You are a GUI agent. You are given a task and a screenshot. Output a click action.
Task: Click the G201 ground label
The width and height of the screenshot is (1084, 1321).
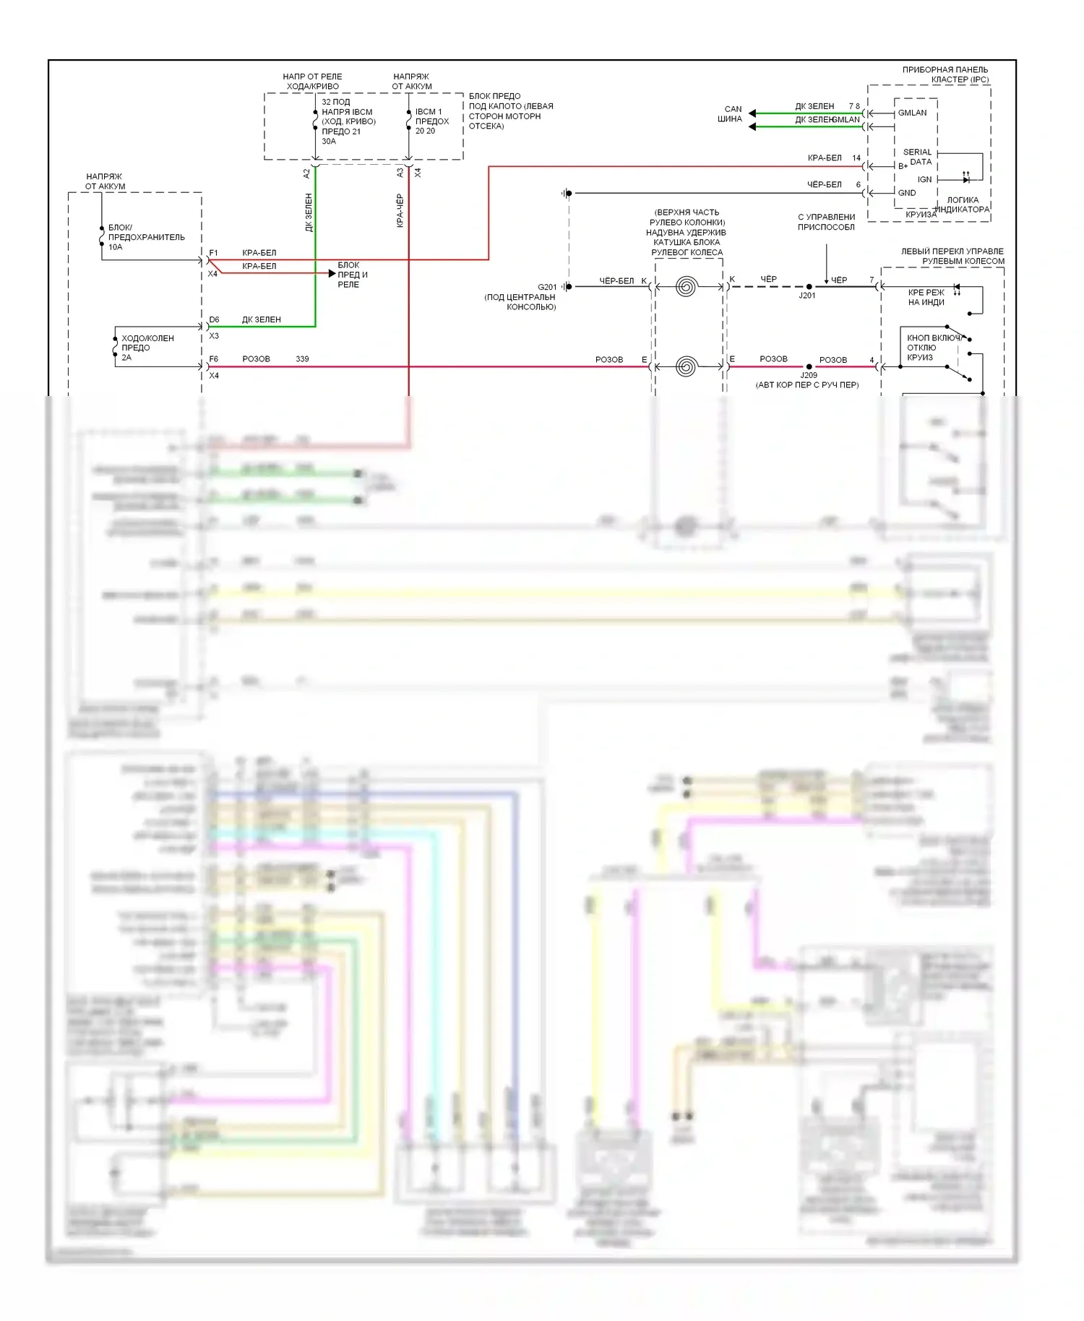tap(547, 287)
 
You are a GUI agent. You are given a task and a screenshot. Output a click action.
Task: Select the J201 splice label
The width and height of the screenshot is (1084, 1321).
tap(807, 296)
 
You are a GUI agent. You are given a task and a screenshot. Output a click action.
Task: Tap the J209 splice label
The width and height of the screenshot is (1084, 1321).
tap(809, 375)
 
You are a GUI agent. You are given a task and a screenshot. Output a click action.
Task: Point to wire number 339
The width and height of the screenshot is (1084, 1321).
tap(302, 359)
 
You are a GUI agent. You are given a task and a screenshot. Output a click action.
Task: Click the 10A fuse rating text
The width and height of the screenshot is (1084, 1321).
tap(116, 247)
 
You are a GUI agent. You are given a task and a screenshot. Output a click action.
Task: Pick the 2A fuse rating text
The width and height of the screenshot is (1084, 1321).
tap(126, 358)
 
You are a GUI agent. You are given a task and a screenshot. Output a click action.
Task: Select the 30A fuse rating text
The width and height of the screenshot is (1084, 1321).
tap(329, 142)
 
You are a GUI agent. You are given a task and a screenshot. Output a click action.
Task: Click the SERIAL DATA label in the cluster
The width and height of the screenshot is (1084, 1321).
tap(917, 157)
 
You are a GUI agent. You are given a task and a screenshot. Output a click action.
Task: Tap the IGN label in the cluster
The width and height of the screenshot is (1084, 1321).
tap(924, 180)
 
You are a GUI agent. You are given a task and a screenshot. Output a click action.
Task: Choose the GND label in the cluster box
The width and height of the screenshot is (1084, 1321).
tap(907, 193)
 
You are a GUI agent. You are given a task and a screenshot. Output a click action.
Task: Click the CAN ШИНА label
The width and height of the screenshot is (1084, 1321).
tap(731, 114)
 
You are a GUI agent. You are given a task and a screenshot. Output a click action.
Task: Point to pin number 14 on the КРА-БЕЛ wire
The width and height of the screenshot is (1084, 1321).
tap(856, 158)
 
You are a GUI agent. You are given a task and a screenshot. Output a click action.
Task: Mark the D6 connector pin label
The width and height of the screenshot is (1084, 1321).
tap(214, 319)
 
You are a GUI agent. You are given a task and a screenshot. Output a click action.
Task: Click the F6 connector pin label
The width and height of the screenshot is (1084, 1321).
tap(214, 359)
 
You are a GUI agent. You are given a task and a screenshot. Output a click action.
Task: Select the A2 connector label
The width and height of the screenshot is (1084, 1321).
tap(306, 173)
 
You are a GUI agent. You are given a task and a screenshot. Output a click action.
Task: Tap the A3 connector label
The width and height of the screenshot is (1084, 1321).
tap(400, 173)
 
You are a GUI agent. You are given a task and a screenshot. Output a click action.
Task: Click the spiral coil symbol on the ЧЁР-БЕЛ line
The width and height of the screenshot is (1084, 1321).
tap(686, 287)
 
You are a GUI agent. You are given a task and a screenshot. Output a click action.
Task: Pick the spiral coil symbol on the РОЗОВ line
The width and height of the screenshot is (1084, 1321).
tap(686, 366)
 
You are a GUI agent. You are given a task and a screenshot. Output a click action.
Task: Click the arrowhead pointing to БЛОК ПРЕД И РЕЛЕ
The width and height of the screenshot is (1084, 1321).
tap(332, 273)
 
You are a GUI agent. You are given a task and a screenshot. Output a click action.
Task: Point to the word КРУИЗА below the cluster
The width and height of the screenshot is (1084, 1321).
tap(921, 215)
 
